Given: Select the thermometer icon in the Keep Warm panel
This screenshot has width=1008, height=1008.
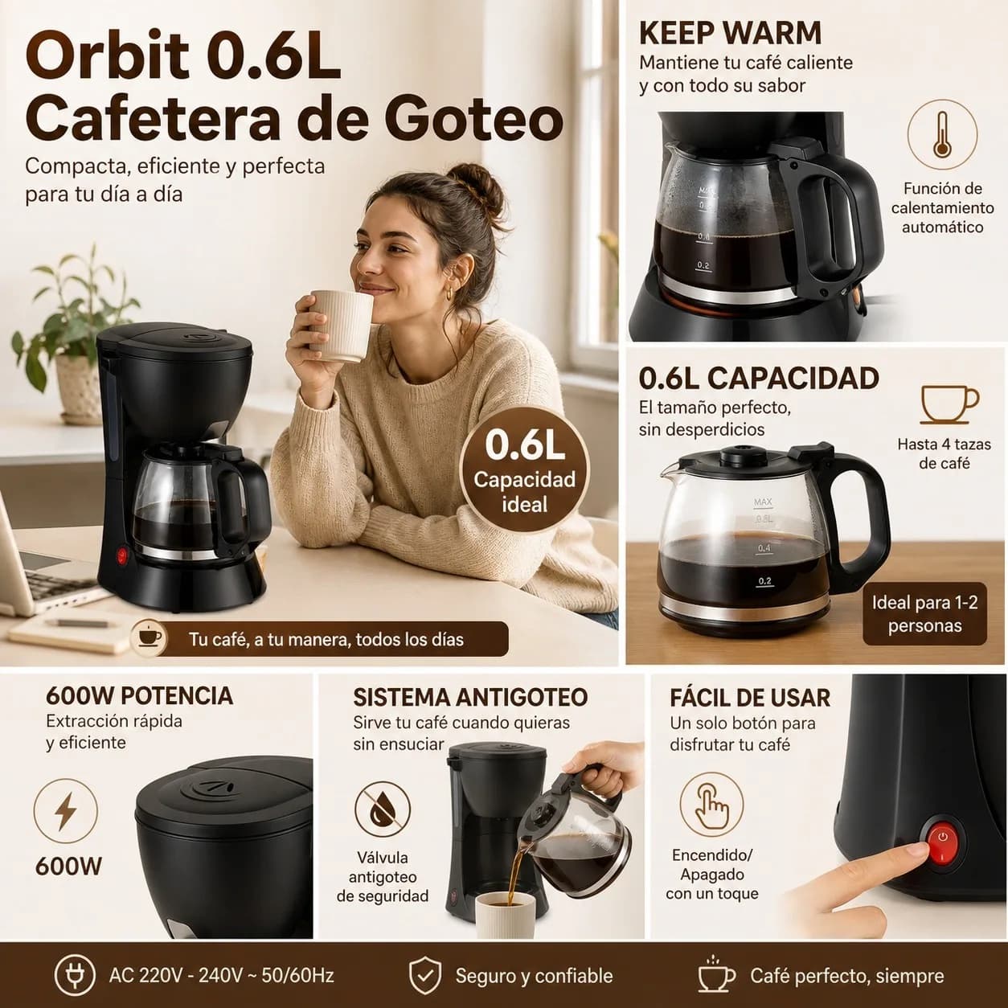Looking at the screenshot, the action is tap(942, 134).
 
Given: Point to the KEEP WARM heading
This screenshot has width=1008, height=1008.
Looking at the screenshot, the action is tap(730, 34).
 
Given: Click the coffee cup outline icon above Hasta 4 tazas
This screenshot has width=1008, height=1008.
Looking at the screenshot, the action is tap(949, 404).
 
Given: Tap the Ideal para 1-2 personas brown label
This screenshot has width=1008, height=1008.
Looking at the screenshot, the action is tap(924, 614).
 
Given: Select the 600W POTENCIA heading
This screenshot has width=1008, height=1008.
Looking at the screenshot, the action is tap(139, 695).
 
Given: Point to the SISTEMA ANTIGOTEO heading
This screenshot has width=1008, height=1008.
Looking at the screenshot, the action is tap(470, 697).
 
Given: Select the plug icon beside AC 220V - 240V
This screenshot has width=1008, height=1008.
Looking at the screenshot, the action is tap(76, 976).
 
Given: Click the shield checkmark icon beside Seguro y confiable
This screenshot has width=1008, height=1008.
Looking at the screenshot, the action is tap(424, 976).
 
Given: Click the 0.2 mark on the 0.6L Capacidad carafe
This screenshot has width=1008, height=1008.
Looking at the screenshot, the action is tap(764, 581).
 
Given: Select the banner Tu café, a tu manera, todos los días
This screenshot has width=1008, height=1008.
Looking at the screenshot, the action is tap(320, 639).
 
